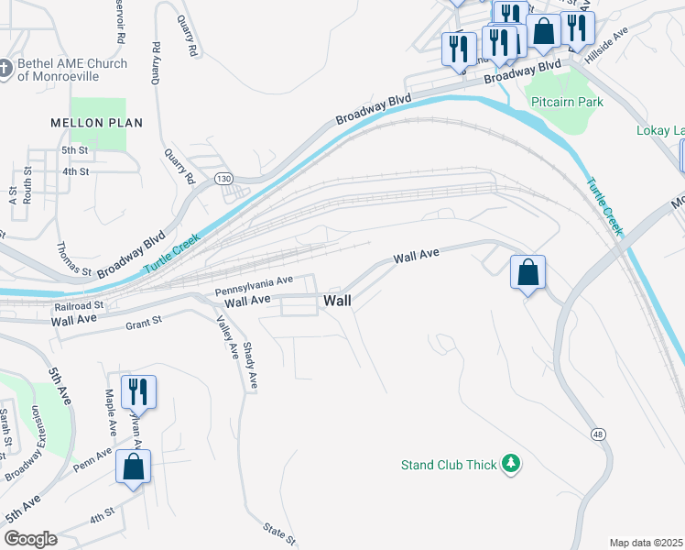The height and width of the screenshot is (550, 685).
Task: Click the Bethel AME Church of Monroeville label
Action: click(x=69, y=71)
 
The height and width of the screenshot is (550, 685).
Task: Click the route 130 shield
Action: click(x=223, y=178)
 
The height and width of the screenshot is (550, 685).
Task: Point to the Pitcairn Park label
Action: click(x=567, y=102)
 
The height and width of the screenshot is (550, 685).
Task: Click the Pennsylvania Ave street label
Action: click(x=254, y=285)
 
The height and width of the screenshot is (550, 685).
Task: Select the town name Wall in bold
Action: click(x=337, y=301)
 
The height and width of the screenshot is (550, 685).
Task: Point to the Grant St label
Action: click(x=144, y=322)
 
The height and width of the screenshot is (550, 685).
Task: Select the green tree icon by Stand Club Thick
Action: click(x=510, y=465)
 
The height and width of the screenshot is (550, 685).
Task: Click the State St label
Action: click(x=279, y=531)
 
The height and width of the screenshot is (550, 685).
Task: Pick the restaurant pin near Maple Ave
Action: click(x=138, y=390)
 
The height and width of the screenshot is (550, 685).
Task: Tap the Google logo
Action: click(x=29, y=539)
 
